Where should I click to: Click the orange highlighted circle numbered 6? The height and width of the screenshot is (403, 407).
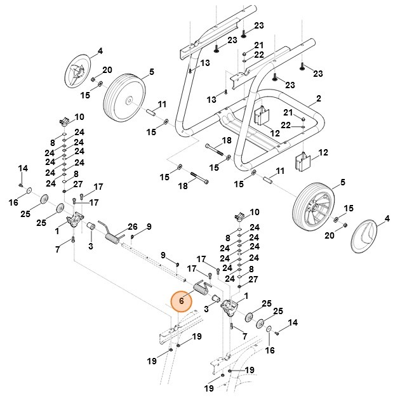(182, 302)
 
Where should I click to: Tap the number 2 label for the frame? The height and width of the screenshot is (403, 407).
(318, 99)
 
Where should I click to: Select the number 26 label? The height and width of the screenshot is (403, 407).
(133, 227)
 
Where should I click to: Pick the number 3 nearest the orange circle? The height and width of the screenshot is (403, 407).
(206, 309)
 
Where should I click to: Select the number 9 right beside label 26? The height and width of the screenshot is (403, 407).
(149, 227)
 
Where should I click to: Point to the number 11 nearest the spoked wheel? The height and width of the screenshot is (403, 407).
(280, 171)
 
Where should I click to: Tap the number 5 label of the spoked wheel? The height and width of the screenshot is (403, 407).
(342, 183)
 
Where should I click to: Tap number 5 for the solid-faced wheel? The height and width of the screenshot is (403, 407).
(152, 72)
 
